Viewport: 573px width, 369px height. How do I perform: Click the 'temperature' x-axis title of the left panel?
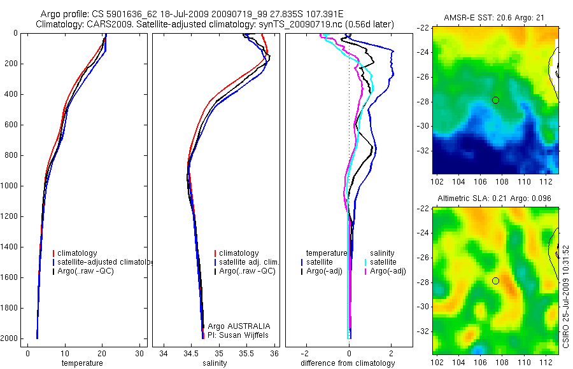tap(81, 363)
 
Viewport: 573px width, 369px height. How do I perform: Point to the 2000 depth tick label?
tap(10, 338)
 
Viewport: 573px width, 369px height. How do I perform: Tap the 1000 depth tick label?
tap(10, 186)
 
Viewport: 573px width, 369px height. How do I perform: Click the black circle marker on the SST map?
tap(495, 100)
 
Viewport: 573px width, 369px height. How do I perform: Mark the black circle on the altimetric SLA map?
tap(495, 281)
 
